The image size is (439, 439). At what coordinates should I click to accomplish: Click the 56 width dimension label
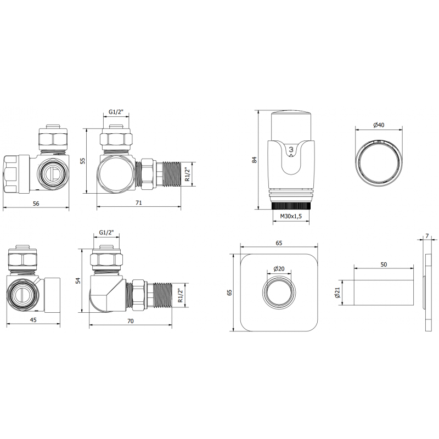36,204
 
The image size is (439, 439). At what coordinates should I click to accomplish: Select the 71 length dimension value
139,202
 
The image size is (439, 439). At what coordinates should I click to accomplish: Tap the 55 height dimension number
83,161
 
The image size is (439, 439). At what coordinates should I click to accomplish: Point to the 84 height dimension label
254,160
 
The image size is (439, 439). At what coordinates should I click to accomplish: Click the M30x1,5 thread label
291,216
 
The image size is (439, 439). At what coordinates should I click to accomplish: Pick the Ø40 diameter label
379,125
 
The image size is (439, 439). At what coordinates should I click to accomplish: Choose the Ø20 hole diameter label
279,269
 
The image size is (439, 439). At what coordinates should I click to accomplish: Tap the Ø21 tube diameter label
337,292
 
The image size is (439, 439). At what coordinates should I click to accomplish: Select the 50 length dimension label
384,264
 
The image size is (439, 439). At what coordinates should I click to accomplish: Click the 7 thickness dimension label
427,236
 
